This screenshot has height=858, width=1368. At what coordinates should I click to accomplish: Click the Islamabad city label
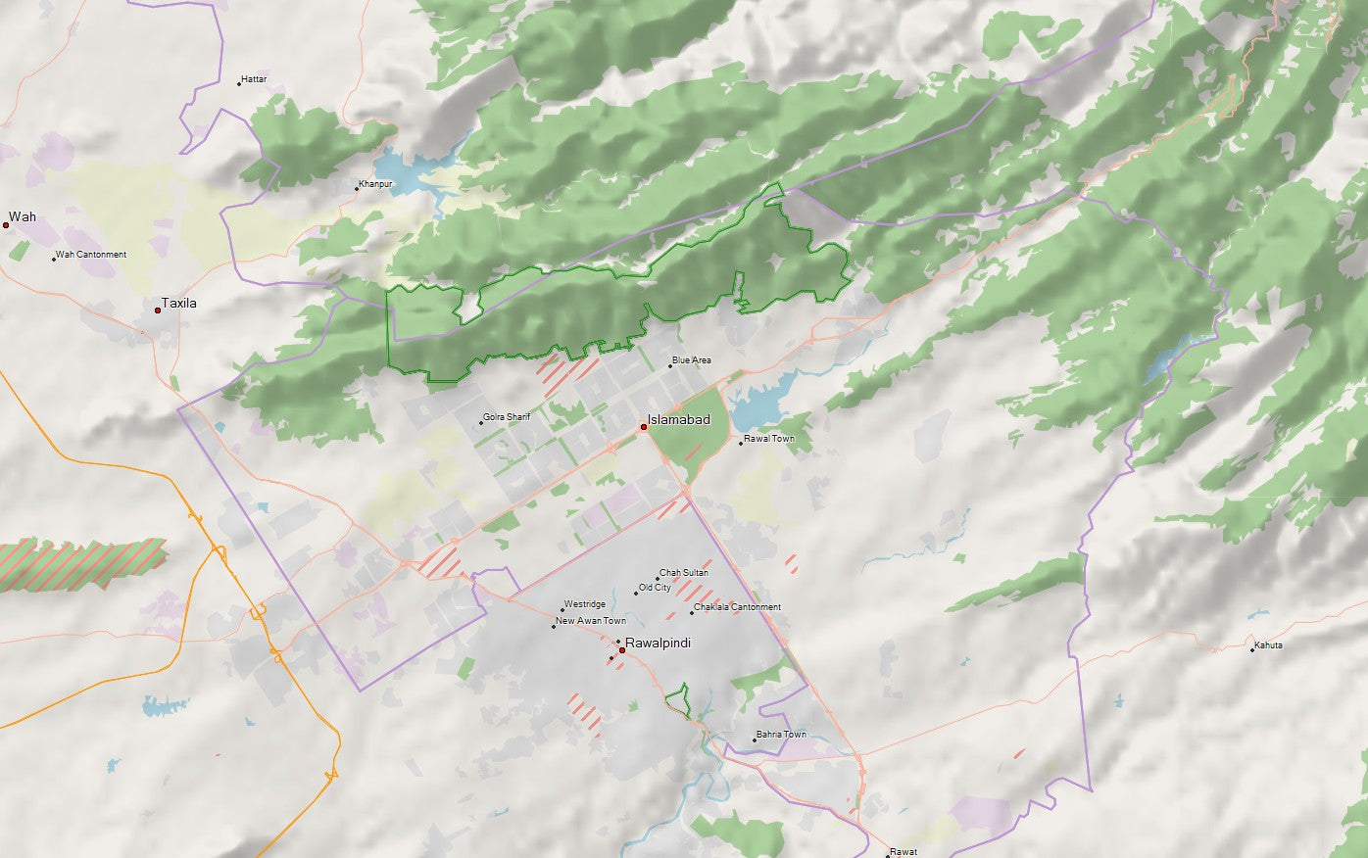click(x=678, y=420)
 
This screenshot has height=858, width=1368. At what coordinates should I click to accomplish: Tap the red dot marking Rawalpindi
click(x=622, y=650)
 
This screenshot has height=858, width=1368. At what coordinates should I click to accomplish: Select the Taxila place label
click(x=178, y=304)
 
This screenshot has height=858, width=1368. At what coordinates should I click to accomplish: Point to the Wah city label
click(x=23, y=216)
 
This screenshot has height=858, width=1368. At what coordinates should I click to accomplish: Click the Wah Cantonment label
click(x=91, y=255)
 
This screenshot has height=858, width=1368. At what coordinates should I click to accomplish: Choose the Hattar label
click(x=254, y=79)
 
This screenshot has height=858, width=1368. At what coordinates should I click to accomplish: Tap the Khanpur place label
click(x=375, y=184)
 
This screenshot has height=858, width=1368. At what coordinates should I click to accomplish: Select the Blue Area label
click(x=692, y=360)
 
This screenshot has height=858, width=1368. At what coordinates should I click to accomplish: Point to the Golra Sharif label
click(x=507, y=417)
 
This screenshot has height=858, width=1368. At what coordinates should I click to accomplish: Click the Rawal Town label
click(x=769, y=439)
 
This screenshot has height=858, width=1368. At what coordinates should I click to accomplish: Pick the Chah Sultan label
click(x=684, y=573)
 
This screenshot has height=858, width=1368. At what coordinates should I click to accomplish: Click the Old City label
click(x=655, y=588)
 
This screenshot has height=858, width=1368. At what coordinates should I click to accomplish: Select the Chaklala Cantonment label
click(x=737, y=607)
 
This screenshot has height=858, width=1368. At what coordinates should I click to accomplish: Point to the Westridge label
click(x=585, y=604)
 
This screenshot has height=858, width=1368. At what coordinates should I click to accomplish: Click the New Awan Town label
click(x=591, y=621)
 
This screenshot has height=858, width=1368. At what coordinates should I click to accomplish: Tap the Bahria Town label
click(x=781, y=735)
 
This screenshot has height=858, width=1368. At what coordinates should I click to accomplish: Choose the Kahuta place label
click(x=1268, y=645)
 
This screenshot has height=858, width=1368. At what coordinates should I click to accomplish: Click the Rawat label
click(x=904, y=852)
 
